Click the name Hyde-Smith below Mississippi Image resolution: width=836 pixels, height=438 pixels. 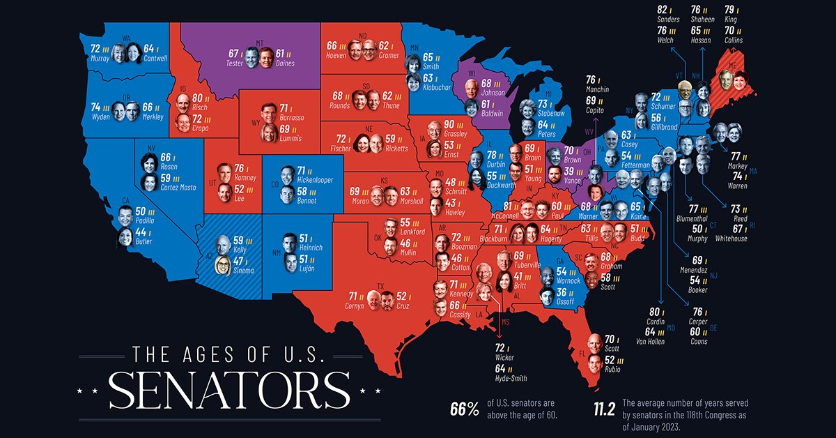click(x=511, y=378)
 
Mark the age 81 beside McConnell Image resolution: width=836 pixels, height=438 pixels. click(x=506, y=206)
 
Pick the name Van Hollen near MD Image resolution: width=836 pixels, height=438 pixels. click(x=651, y=342)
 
